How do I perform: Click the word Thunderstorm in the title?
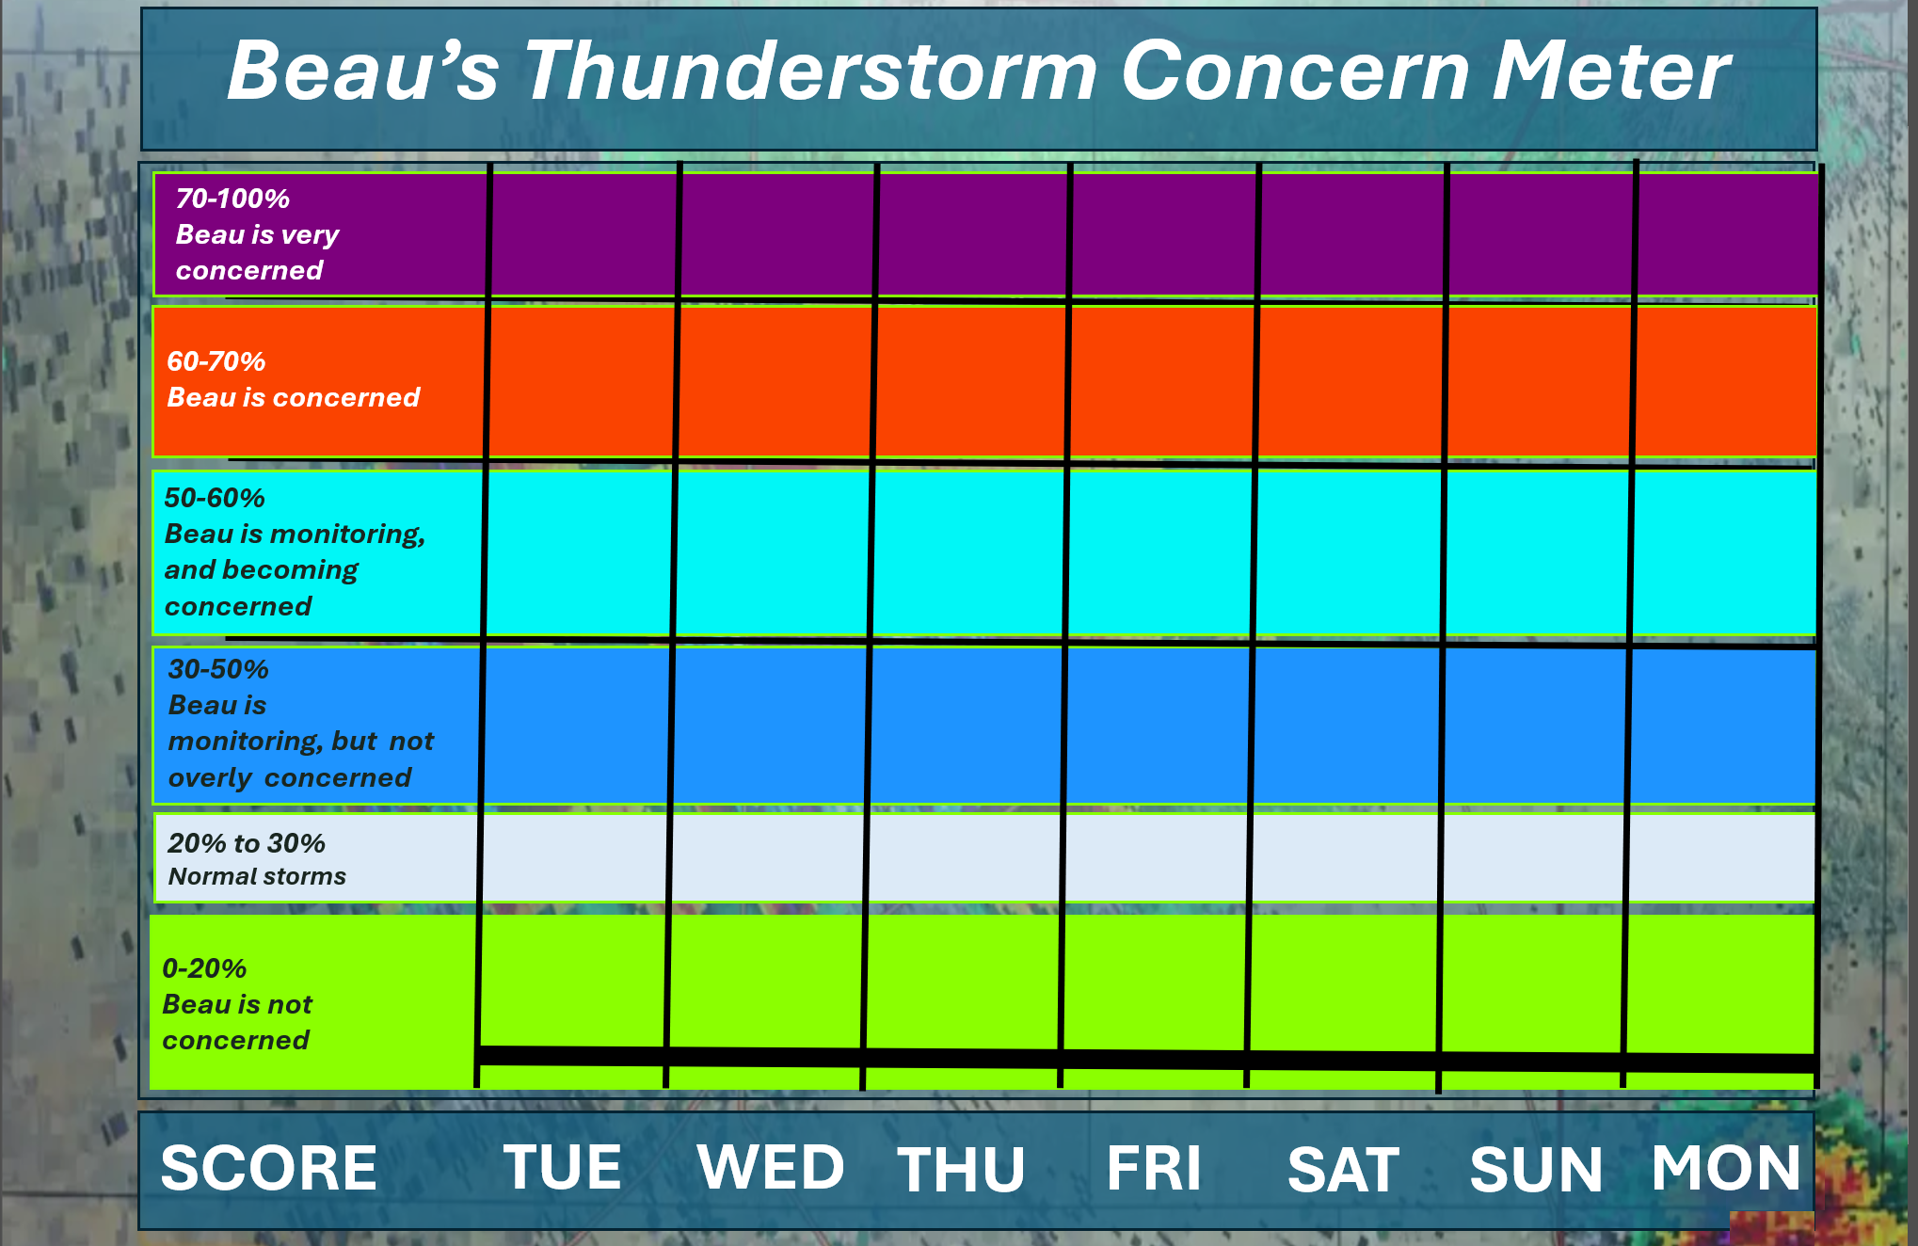coord(810,72)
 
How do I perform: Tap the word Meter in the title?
coord(1611,72)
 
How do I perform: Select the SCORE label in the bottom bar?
coord(268,1168)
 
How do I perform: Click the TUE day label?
coord(562,1167)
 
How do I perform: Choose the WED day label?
coord(771,1167)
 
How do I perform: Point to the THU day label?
coord(961,1169)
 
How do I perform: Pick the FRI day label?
coord(1154,1168)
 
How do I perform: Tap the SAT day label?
coord(1343,1169)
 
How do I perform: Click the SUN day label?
coord(1536,1169)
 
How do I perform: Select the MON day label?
coord(1726,1168)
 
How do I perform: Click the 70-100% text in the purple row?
coord(232,199)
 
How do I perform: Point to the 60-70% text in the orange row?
coord(216,361)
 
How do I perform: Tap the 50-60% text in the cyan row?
coord(215,498)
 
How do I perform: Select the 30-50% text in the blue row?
coord(218,669)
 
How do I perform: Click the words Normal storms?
coord(257,876)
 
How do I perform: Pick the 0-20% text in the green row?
coord(204,968)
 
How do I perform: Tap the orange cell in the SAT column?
coord(1350,382)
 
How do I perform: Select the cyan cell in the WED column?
coord(774,553)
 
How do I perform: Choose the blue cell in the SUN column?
coord(1534,726)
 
